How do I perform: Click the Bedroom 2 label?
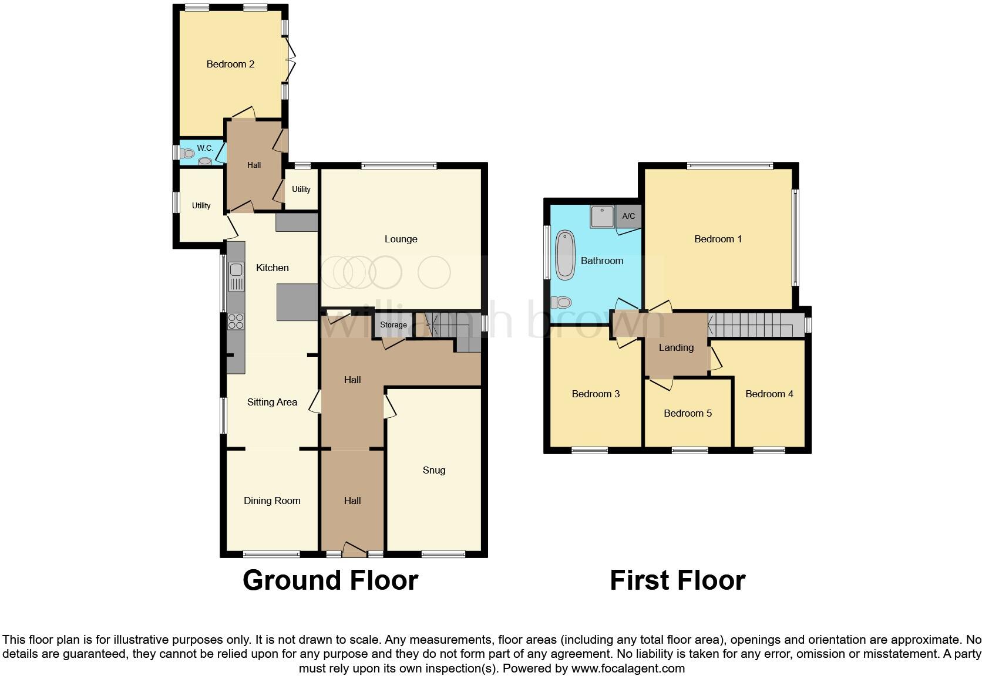tap(230, 64)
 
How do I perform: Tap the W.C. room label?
tap(204, 148)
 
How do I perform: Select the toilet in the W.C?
tap(187, 154)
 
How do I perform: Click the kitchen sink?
tap(236, 271)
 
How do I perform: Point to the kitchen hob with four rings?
tap(236, 322)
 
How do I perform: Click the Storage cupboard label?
tap(393, 325)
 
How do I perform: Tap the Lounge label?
tap(401, 239)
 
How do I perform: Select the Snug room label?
tap(433, 470)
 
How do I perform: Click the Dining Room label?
tap(272, 501)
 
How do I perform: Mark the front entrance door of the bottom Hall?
tap(354, 550)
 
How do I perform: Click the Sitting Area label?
tap(272, 402)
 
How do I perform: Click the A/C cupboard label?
tap(628, 216)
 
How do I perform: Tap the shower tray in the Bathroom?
tap(602, 217)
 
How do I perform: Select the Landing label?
tap(676, 347)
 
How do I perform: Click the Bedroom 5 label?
tap(687, 413)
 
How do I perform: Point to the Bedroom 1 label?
tap(718, 239)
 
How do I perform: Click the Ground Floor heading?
tap(330, 580)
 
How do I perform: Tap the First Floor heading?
tap(677, 580)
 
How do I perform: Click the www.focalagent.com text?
tap(628, 668)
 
